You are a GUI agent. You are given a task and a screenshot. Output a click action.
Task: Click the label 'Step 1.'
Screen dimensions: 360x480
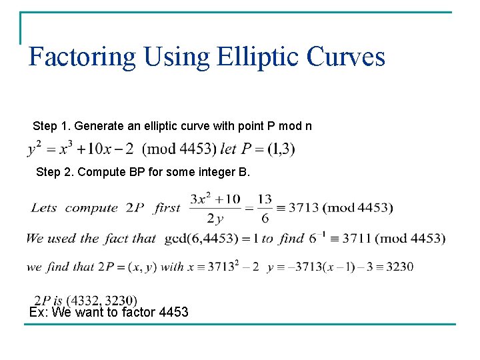51,126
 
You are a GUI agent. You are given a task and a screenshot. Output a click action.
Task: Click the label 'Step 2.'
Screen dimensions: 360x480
55,172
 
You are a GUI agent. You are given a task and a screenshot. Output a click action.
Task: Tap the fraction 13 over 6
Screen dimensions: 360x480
264,208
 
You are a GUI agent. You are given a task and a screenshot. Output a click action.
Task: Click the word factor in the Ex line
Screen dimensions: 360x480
140,312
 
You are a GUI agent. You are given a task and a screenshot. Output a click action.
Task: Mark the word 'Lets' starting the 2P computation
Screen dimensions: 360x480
44,208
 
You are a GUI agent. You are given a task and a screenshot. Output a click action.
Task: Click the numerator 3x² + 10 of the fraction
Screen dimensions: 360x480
215,199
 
